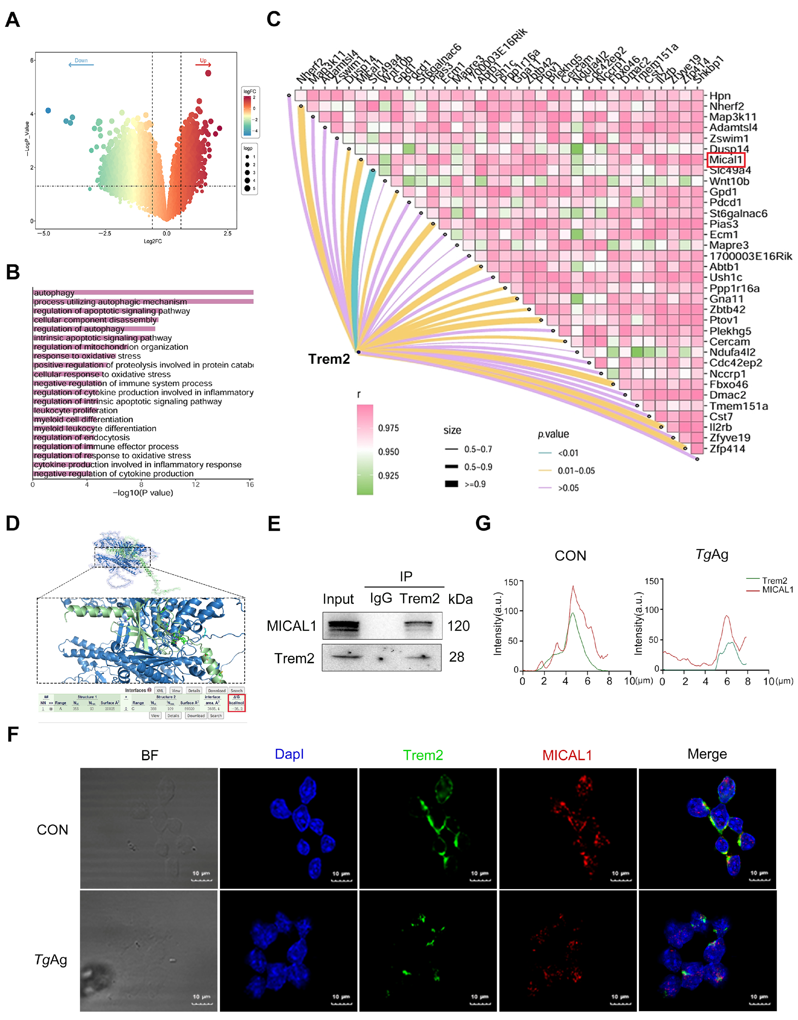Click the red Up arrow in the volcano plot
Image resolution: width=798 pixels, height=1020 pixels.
point(203,64)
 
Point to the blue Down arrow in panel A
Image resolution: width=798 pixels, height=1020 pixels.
point(81,64)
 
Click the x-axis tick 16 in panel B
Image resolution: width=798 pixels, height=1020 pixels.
point(250,484)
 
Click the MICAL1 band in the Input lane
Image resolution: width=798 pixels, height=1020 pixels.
point(343,625)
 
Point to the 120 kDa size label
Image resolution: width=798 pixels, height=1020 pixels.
point(458,626)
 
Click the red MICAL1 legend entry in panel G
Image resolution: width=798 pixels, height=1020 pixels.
point(777,590)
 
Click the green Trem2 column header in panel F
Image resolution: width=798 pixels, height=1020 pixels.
point(423,755)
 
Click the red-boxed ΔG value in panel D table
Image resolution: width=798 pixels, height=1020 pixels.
point(237,709)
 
